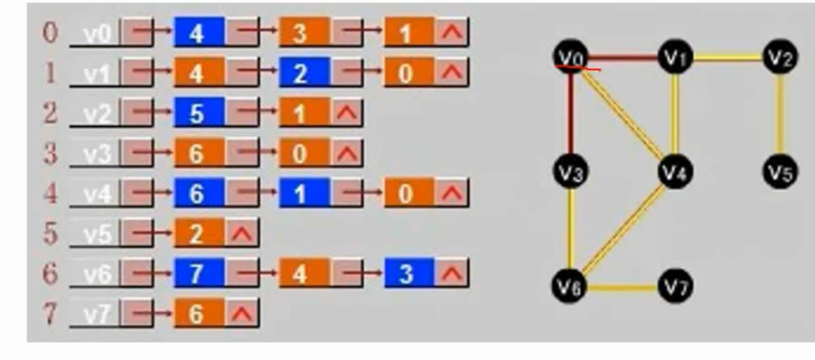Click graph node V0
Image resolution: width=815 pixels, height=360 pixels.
pos(571,57)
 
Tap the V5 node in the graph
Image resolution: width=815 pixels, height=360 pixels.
pos(780,172)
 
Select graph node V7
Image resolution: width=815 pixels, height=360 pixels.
pos(674,286)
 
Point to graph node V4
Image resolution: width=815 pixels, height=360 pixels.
pos(674,172)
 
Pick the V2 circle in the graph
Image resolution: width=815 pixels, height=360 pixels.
pos(780,57)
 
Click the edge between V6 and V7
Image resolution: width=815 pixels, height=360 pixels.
pos(623,287)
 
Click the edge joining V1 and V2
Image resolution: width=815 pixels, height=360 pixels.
pos(727,57)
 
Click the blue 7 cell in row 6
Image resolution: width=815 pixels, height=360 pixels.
pos(199,274)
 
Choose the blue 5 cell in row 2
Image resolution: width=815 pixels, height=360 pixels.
pos(199,113)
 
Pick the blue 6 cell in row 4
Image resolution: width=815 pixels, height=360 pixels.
pos(199,193)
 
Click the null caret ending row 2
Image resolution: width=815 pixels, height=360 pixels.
pos(346,113)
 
